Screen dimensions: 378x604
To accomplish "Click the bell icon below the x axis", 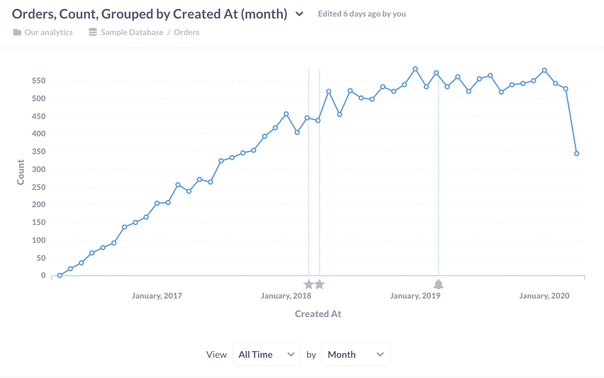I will pos(438,284).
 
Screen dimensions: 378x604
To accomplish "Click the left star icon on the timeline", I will pos(308,284).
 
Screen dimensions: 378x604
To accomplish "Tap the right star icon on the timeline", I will pos(319,284).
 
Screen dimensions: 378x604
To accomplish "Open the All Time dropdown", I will pos(266,354).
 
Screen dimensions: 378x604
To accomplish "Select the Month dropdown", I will pos(356,354).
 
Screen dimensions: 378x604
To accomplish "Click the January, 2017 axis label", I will pos(157,296).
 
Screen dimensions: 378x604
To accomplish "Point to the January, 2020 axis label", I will pos(544,296).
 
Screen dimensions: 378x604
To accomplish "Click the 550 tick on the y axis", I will pos(39,81).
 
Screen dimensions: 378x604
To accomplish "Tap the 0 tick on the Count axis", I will pos(43,275).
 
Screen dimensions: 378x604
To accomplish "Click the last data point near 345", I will pos(577,154).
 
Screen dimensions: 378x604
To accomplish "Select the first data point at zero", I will pos(60,275).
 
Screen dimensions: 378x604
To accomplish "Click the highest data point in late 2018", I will pos(415,69).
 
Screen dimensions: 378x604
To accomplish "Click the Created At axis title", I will pos(318,314).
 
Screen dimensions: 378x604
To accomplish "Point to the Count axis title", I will pos(21,172).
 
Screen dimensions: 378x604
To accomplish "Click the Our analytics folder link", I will pos(48,32).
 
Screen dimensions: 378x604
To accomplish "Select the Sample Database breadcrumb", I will pos(132,32).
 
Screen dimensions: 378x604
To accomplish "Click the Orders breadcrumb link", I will pos(186,32).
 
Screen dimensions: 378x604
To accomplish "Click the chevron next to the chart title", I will pos(299,14).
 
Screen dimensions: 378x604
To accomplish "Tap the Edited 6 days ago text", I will pos(362,14).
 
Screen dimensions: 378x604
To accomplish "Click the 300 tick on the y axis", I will pos(39,169).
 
